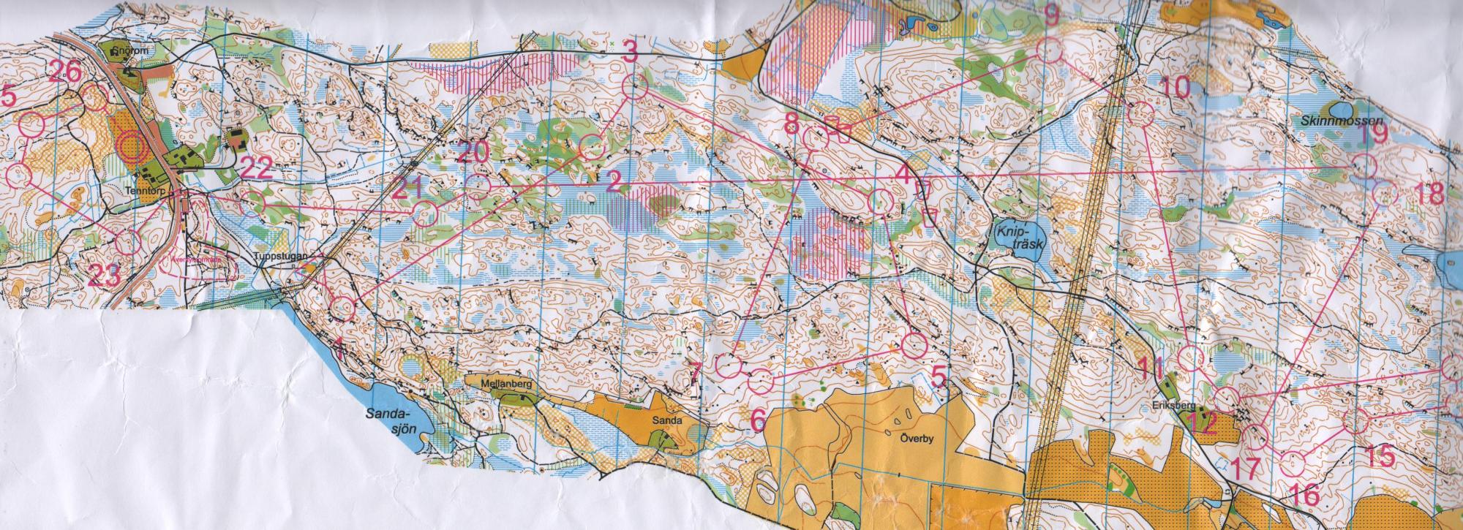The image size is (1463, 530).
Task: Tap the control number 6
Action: point(759,419)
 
